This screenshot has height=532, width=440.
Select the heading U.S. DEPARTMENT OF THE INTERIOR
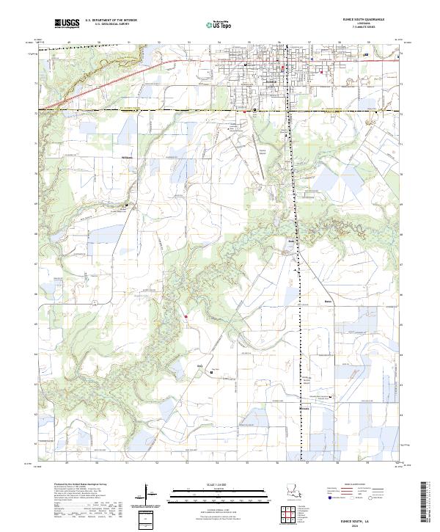pos(111,21)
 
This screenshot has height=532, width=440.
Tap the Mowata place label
pos(305,407)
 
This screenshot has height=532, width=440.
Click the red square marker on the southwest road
pos(186,317)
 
